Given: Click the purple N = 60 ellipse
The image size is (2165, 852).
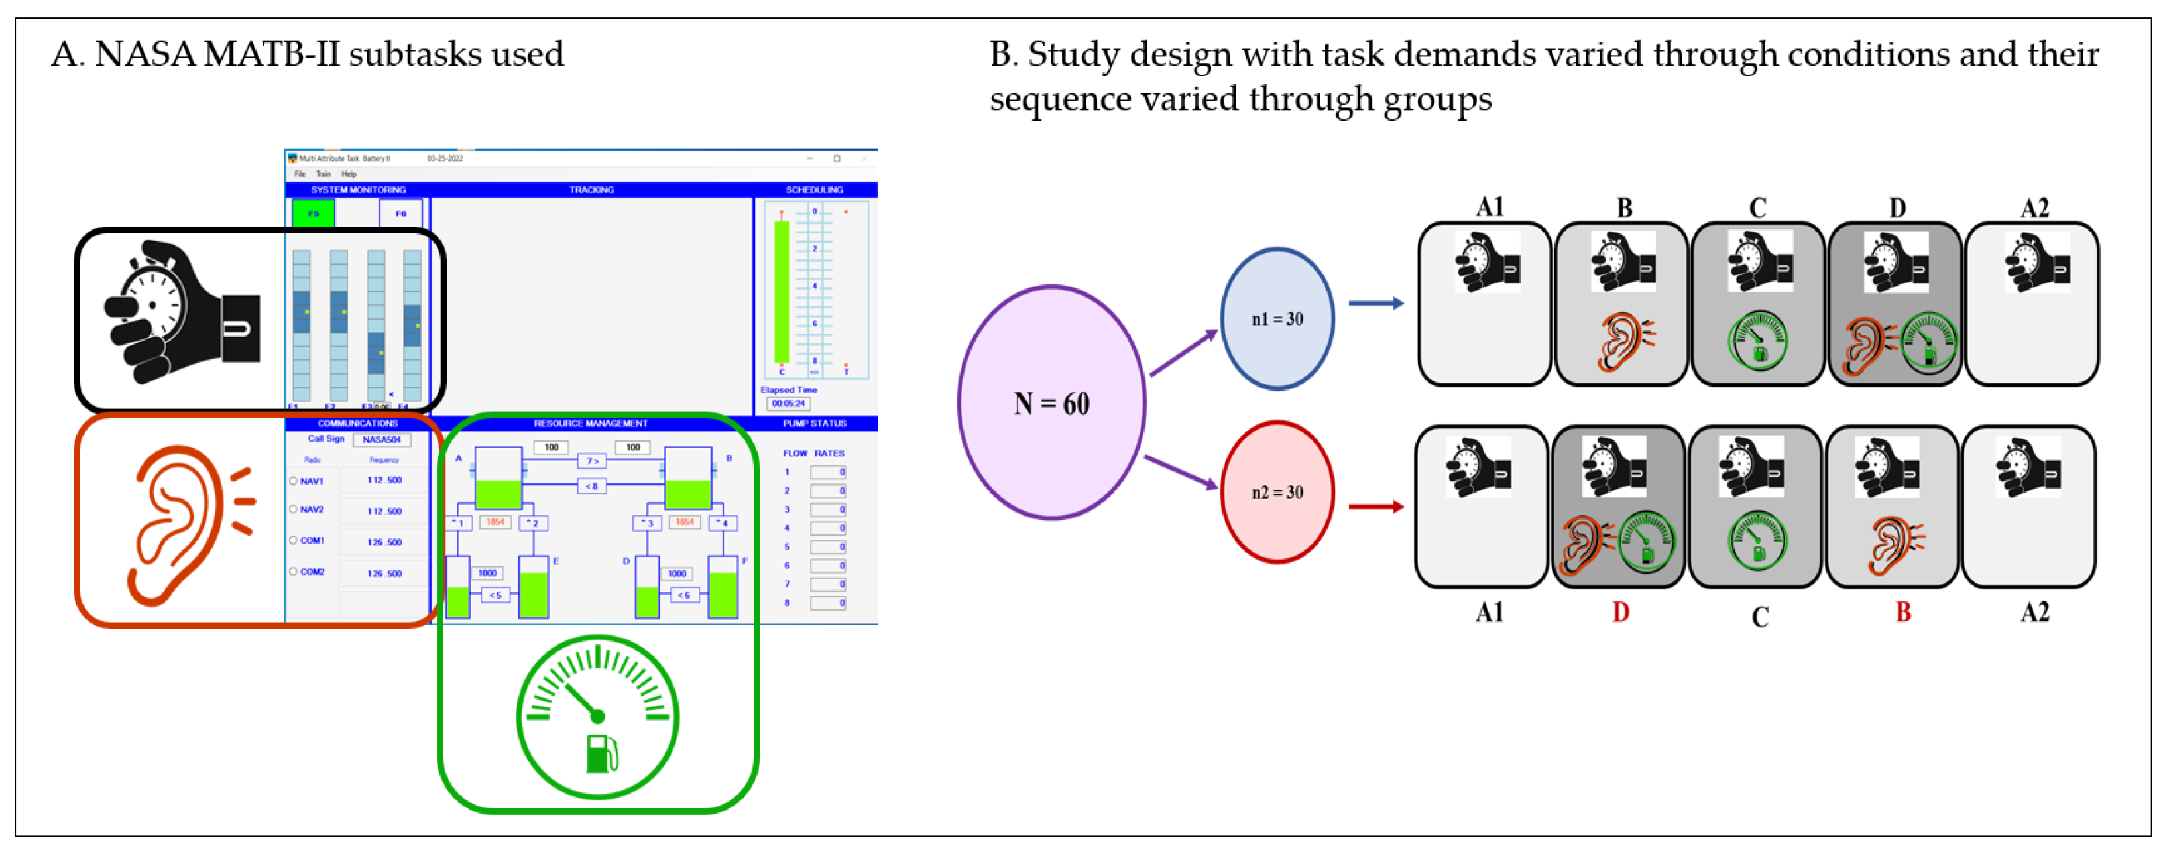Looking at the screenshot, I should click(x=1051, y=402).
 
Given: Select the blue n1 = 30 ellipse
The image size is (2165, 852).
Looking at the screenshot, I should click(x=1277, y=318).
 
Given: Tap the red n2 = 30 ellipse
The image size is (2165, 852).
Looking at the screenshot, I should click(x=1277, y=493).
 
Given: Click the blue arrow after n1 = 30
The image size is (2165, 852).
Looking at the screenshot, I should click(x=1375, y=303).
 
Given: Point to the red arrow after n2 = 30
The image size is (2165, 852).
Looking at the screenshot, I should click(x=1375, y=507).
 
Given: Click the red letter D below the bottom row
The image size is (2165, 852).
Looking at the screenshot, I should click(x=1620, y=613).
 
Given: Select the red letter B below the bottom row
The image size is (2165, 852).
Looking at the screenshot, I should click(x=1902, y=613).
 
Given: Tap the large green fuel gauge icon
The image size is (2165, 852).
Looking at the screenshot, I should click(x=597, y=717).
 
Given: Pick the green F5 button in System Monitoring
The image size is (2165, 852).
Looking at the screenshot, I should click(x=314, y=213).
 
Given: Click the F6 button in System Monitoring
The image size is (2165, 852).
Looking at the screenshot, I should click(x=401, y=213).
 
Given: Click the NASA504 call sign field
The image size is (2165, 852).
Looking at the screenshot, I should click(x=382, y=440).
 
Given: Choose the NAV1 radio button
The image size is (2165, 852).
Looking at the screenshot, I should click(x=293, y=481).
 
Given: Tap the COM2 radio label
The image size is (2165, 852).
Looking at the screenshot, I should click(x=313, y=572).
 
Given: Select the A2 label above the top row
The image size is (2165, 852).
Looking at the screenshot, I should click(x=2034, y=208).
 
